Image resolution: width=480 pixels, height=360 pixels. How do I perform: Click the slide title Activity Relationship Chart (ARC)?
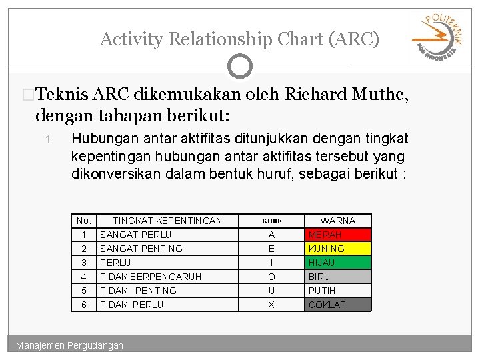239,39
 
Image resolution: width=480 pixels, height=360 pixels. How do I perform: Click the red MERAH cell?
338,235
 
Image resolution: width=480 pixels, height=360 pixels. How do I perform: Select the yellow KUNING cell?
338,249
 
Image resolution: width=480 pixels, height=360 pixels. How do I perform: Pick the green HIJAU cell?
338,263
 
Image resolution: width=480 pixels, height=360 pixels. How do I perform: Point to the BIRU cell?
338,277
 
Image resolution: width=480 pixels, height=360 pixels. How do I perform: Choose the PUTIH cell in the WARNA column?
338,291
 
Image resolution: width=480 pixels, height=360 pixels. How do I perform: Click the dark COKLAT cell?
338,305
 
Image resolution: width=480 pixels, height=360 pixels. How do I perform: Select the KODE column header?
271,221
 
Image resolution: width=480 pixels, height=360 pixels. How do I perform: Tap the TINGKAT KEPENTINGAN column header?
167,221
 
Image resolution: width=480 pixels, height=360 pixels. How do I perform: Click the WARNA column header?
338,221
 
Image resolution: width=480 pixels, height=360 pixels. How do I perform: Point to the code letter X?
271,305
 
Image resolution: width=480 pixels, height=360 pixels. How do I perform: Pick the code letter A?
271,235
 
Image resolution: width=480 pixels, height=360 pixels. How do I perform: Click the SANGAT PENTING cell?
141,249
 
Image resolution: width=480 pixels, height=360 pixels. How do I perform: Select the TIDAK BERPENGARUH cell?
151,277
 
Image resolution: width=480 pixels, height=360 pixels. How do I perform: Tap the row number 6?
84,305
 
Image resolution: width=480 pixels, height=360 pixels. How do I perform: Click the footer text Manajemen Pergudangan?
70,345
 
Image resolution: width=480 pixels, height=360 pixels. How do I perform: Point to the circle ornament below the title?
240,66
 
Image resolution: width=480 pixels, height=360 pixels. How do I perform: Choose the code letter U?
271,291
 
